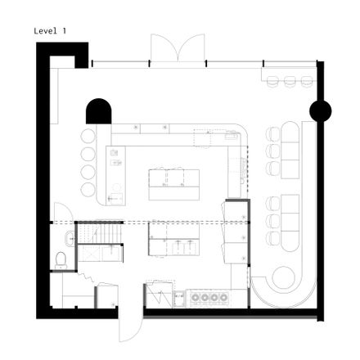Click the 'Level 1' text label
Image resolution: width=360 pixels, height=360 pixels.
(50, 31)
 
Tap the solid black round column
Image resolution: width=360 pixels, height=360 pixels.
(321, 111)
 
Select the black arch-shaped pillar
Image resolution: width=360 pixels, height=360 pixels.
(99, 111)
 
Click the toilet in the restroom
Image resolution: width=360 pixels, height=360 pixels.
(61, 261)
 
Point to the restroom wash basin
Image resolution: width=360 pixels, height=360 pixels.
(70, 239)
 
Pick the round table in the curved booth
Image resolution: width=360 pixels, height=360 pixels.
(284, 277)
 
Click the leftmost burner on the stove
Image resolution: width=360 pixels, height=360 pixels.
(196, 298)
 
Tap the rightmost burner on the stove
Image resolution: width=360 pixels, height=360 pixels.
(223, 298)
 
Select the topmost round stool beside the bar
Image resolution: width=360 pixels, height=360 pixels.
(88, 136)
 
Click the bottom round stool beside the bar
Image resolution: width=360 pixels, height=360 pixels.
(88, 190)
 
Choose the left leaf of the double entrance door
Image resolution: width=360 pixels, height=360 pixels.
(164, 47)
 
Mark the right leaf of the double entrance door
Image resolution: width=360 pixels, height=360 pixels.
(191, 47)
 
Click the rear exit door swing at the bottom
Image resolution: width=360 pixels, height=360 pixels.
(131, 326)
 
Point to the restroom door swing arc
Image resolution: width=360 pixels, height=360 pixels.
(63, 212)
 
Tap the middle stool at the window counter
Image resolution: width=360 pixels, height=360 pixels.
(290, 82)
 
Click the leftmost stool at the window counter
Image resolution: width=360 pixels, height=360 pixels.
(272, 82)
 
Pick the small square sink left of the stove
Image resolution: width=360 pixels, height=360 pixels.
(179, 299)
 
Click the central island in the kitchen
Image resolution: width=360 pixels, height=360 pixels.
(174, 185)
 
